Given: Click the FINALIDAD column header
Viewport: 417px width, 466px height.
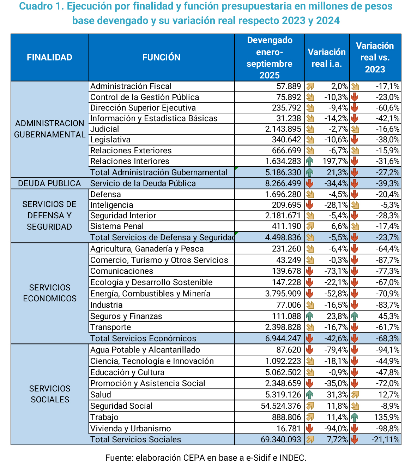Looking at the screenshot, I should (x=49, y=57).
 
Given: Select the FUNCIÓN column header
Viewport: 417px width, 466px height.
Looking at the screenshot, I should (x=161, y=57).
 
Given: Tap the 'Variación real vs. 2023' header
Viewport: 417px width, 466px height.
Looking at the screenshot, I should (x=375, y=57).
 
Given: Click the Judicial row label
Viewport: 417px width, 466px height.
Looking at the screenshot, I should (x=105, y=129).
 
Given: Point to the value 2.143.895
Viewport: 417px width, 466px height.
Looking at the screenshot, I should (x=283, y=129).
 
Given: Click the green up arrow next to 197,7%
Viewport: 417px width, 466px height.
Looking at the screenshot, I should (x=310, y=161).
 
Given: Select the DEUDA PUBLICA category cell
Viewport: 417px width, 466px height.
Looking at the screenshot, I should (x=49, y=183).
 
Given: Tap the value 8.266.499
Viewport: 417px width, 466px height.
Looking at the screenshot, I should (x=283, y=183).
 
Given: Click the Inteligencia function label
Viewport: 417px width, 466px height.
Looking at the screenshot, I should (x=112, y=205).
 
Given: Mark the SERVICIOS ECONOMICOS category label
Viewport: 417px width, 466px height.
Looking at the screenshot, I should (x=49, y=293).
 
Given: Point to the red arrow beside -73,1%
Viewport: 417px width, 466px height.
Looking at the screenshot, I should (x=310, y=271).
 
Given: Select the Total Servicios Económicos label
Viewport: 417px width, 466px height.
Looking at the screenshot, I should (x=143, y=338).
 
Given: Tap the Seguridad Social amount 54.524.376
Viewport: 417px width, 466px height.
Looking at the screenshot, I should (x=281, y=406).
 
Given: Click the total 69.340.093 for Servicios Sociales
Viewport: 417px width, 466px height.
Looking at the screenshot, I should (x=281, y=440).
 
